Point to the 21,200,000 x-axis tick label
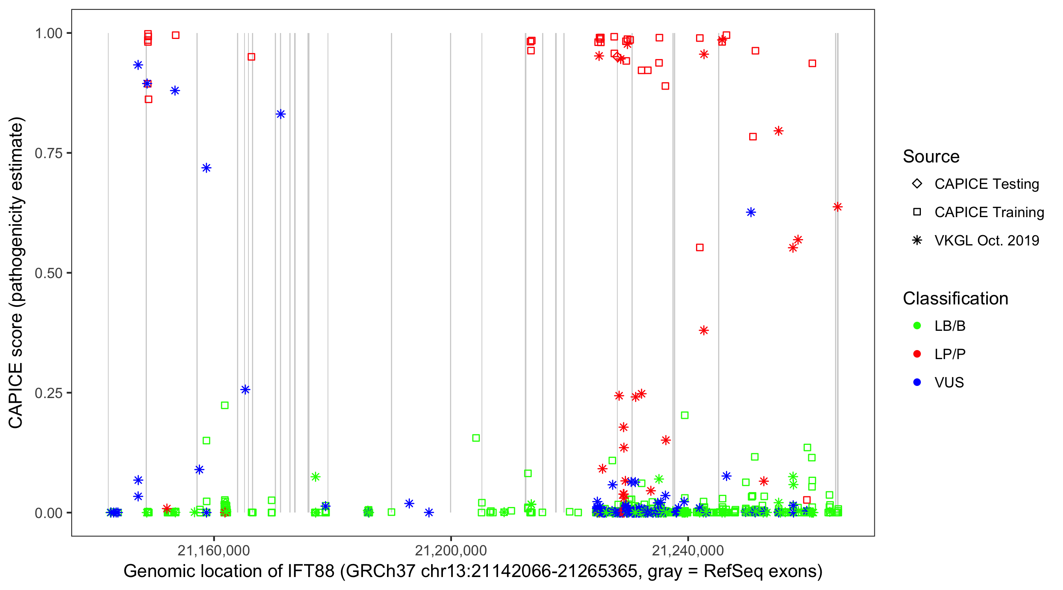pos(451,550)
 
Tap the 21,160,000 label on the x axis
pos(213,550)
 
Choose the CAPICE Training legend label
pos(989,212)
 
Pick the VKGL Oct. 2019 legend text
pos(987,241)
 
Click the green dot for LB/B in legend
pos(917,326)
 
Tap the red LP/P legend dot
pos(917,354)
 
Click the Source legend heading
pos(931,157)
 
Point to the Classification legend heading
pos(955,299)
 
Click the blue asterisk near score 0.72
pos(206,168)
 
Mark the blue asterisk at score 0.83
pos(281,114)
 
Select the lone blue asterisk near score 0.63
pos(751,212)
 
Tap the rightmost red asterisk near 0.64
pos(837,207)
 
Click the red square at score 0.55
pos(700,248)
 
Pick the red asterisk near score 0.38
pos(704,330)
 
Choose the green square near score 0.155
pos(476,438)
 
